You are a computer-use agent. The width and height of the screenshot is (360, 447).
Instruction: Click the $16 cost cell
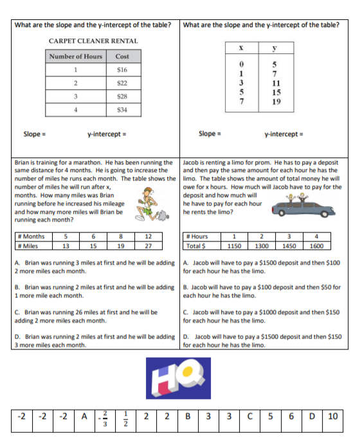[x=122, y=69]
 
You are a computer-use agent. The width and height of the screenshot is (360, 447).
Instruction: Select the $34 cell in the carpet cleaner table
[x=122, y=110]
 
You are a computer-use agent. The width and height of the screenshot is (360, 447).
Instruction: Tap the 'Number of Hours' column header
[x=76, y=57]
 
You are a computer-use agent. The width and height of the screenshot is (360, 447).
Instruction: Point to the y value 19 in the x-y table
[x=274, y=101]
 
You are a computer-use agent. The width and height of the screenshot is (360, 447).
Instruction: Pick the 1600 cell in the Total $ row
[x=316, y=245]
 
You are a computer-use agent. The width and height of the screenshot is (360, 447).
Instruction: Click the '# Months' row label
[x=32, y=236]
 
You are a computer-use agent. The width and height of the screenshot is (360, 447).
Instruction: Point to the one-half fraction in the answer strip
[x=127, y=416]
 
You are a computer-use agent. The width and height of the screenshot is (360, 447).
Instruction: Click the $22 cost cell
[x=122, y=83]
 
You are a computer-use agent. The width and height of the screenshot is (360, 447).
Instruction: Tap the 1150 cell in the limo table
[x=235, y=245]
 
